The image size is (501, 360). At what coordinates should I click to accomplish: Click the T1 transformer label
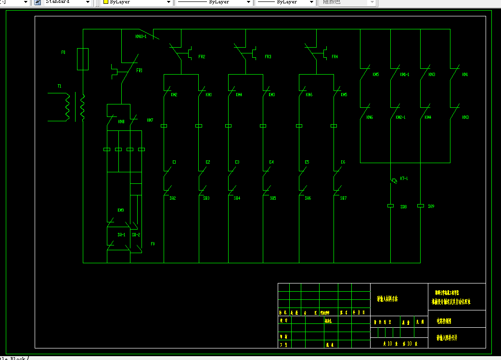tap(60, 86)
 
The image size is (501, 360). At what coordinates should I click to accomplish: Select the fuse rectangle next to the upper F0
tap(83, 59)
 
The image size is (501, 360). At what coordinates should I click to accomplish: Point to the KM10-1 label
tap(141, 36)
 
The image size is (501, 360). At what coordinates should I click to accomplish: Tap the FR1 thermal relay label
tap(140, 70)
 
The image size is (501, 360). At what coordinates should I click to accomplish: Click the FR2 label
tap(202, 57)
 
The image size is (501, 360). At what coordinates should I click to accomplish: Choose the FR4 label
tap(335, 57)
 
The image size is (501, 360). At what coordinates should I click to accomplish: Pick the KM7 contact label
tap(150, 120)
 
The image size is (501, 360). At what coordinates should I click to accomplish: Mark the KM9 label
tap(121, 210)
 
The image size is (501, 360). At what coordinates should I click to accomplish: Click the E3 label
tap(237, 162)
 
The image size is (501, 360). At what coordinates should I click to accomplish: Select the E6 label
tap(343, 162)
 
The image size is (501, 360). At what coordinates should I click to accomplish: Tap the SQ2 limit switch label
tap(173, 198)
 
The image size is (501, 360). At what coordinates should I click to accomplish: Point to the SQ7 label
tap(343, 198)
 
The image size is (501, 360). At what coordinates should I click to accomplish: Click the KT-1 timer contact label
tap(403, 179)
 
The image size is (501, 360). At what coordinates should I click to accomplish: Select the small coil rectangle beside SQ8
tap(391, 206)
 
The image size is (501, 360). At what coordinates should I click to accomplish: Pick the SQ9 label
tap(431, 206)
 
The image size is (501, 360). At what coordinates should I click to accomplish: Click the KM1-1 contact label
tap(405, 75)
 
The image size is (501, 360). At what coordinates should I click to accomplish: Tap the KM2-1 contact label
tap(400, 117)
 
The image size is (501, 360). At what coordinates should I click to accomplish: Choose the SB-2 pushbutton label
tap(136, 234)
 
